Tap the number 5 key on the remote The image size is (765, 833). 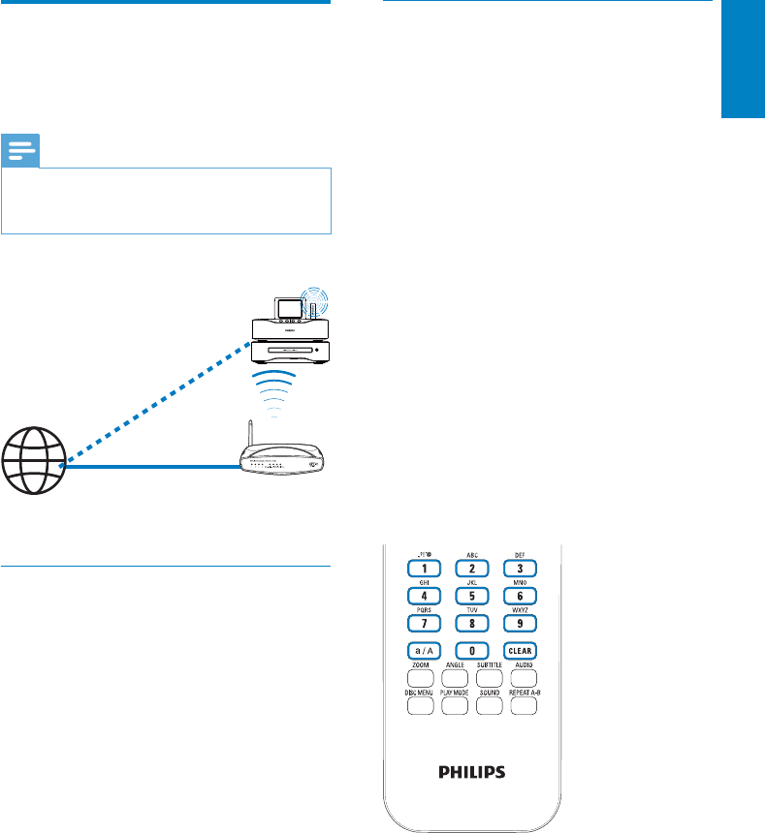coord(471,595)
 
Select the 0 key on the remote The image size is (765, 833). coord(471,651)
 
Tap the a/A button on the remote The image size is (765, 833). coord(423,651)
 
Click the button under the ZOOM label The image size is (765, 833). coord(421,678)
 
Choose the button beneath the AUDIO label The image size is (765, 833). coord(524,678)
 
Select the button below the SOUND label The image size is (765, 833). coord(489,705)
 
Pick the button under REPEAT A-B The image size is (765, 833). coord(524,705)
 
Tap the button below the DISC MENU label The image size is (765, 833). coord(419,705)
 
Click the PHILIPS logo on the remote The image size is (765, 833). coord(472,772)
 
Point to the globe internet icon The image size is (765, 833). coord(31,465)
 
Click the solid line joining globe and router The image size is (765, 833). coord(145,466)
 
